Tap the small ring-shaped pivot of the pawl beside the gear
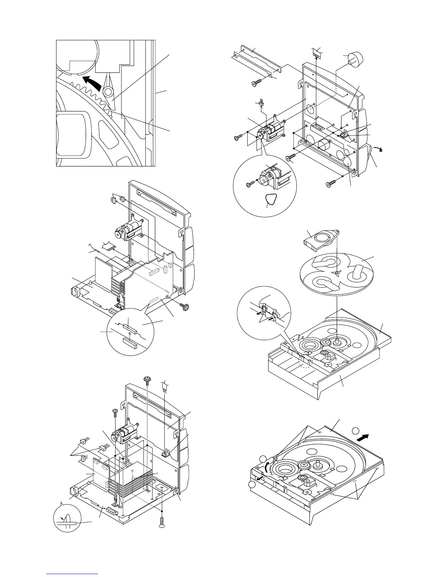(108, 91)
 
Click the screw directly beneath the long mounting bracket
(256, 83)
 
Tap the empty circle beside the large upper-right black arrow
(356, 433)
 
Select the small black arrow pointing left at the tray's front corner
(260, 480)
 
